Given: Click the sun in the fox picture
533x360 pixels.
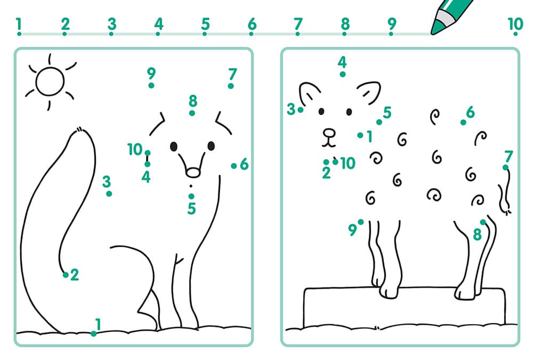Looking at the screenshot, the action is click(50, 82).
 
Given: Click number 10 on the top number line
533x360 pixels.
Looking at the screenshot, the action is click(515, 24).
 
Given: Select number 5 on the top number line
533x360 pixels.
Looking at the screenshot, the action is click(205, 24).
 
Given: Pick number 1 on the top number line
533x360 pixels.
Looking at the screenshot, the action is click(19, 24).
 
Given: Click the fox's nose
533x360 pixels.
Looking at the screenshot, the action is click(193, 173).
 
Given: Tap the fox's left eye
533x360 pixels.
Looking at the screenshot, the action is click(174, 146).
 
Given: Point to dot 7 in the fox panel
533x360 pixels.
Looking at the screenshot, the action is click(231, 86).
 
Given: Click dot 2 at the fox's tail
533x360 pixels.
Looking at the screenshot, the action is click(66, 275).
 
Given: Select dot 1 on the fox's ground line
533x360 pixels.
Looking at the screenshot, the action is click(93, 334).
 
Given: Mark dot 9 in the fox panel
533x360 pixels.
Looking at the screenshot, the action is click(151, 85).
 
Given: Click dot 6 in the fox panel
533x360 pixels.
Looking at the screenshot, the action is click(233, 166).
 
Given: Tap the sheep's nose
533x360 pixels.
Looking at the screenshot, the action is click(329, 133).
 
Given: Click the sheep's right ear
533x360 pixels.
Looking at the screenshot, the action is click(369, 91).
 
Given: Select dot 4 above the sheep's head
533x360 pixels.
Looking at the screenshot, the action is click(343, 74).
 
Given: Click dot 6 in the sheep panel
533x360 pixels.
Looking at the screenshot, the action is click(463, 122).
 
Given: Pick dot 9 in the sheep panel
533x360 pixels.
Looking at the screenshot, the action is click(361, 222).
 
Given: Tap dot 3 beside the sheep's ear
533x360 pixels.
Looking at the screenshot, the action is click(301, 110).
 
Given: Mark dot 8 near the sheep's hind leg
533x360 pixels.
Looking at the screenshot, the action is click(483, 222).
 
